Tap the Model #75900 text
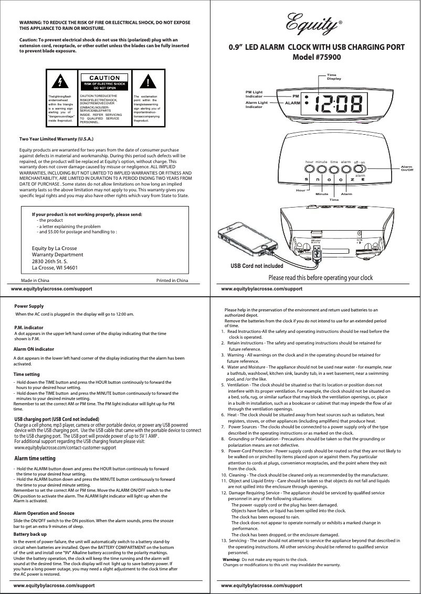[x=317, y=57]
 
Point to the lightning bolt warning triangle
[x=61, y=82]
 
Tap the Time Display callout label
[x=334, y=77]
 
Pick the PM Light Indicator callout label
[x=254, y=94]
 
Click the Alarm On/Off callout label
[x=407, y=168]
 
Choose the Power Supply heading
[x=29, y=306]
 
